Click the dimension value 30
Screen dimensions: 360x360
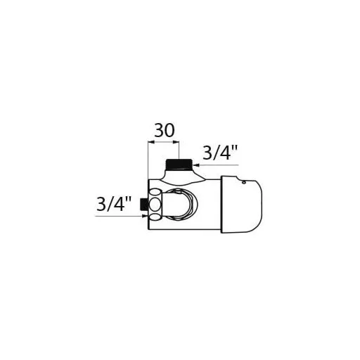click(x=165, y=130)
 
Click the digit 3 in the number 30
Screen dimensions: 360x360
click(x=159, y=130)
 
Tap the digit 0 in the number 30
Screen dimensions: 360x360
click(x=169, y=130)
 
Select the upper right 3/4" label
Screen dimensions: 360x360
click(x=220, y=153)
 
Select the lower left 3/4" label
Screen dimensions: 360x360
click(x=114, y=204)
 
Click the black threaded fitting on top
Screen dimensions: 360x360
click(x=179, y=165)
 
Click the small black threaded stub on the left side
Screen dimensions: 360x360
click(x=143, y=205)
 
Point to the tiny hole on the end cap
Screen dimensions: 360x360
click(x=244, y=182)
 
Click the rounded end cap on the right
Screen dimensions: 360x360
click(x=241, y=204)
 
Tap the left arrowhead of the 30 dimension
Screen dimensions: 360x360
click(x=151, y=142)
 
